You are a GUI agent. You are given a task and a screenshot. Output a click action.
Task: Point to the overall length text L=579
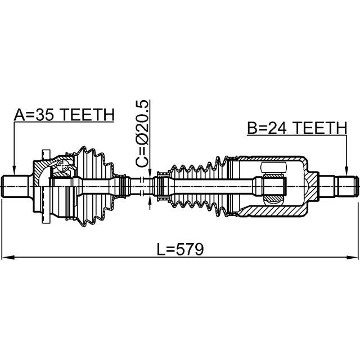tap(179, 248)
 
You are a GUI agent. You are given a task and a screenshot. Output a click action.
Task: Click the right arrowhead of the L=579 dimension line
tap(353, 258)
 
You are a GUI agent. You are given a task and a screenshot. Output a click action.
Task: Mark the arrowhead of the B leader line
tap(346, 171)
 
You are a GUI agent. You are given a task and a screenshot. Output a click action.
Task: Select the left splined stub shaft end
tap(17, 186)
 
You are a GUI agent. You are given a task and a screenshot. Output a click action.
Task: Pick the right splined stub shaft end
tap(343, 186)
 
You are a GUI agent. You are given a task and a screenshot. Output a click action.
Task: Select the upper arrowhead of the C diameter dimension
tap(149, 174)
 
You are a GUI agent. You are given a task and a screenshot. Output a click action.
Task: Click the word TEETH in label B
tap(321, 128)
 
